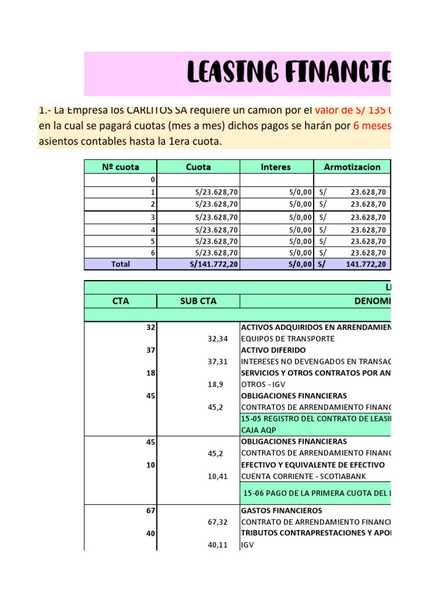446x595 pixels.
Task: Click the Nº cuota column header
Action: click(120, 167)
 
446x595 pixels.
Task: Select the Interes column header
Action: click(276, 167)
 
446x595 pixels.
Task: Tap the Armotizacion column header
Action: click(352, 167)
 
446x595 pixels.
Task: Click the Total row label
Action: click(120, 264)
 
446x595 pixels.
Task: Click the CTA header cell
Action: click(120, 301)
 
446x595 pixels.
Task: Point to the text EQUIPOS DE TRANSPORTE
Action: click(287, 339)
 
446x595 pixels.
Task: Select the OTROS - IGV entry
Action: click(265, 384)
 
